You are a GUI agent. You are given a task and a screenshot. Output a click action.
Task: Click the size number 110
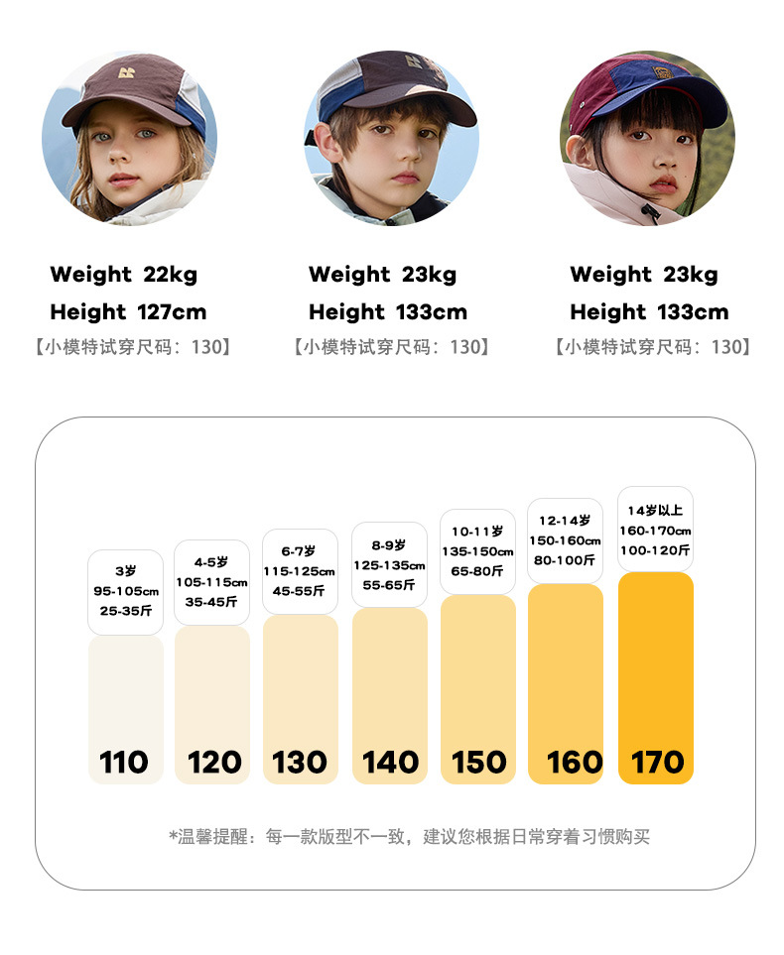coord(124,762)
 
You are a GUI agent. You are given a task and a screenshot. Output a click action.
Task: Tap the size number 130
coord(300,762)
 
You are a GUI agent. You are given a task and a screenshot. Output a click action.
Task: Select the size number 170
coord(657,762)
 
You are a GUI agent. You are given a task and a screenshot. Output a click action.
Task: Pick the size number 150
coord(479,762)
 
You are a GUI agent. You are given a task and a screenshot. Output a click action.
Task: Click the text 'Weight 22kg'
coord(123,275)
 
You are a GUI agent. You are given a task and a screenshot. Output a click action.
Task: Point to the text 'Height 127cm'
coord(128,312)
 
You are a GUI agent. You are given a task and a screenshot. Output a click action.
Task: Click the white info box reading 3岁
coord(125,592)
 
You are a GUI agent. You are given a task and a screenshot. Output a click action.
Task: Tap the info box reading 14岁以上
coord(655,530)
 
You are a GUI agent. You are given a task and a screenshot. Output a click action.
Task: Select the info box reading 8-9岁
coord(389,565)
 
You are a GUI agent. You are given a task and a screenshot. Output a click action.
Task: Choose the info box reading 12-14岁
coord(565,540)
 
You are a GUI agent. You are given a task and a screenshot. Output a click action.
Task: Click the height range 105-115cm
coord(211,582)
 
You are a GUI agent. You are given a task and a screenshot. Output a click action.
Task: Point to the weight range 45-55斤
coord(300,591)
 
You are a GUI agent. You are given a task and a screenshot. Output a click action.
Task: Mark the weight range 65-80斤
coord(477,571)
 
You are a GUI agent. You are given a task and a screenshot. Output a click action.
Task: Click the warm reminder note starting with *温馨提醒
coord(409,837)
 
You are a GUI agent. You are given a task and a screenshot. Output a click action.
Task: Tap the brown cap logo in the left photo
coord(126,72)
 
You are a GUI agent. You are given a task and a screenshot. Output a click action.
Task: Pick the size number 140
coord(390,762)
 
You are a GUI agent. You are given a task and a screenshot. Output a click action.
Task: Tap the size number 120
coord(214,762)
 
